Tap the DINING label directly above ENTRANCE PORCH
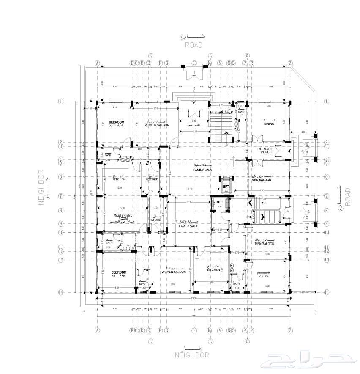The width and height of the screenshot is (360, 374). click(x=269, y=124)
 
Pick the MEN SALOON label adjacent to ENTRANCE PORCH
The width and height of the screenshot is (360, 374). click(x=262, y=179)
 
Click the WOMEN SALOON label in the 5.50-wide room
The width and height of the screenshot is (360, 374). click(x=157, y=125)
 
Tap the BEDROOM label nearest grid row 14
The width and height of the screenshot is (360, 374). click(x=119, y=272)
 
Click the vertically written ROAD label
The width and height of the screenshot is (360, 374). click(x=348, y=197)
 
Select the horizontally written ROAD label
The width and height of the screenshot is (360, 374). click(x=194, y=45)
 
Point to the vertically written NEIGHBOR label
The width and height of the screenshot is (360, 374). click(x=41, y=187)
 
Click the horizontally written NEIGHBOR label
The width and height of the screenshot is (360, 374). click(x=191, y=356)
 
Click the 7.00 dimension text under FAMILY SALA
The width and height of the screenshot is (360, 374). click(x=190, y=189)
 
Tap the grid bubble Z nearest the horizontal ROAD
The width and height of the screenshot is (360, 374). click(x=290, y=63)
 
